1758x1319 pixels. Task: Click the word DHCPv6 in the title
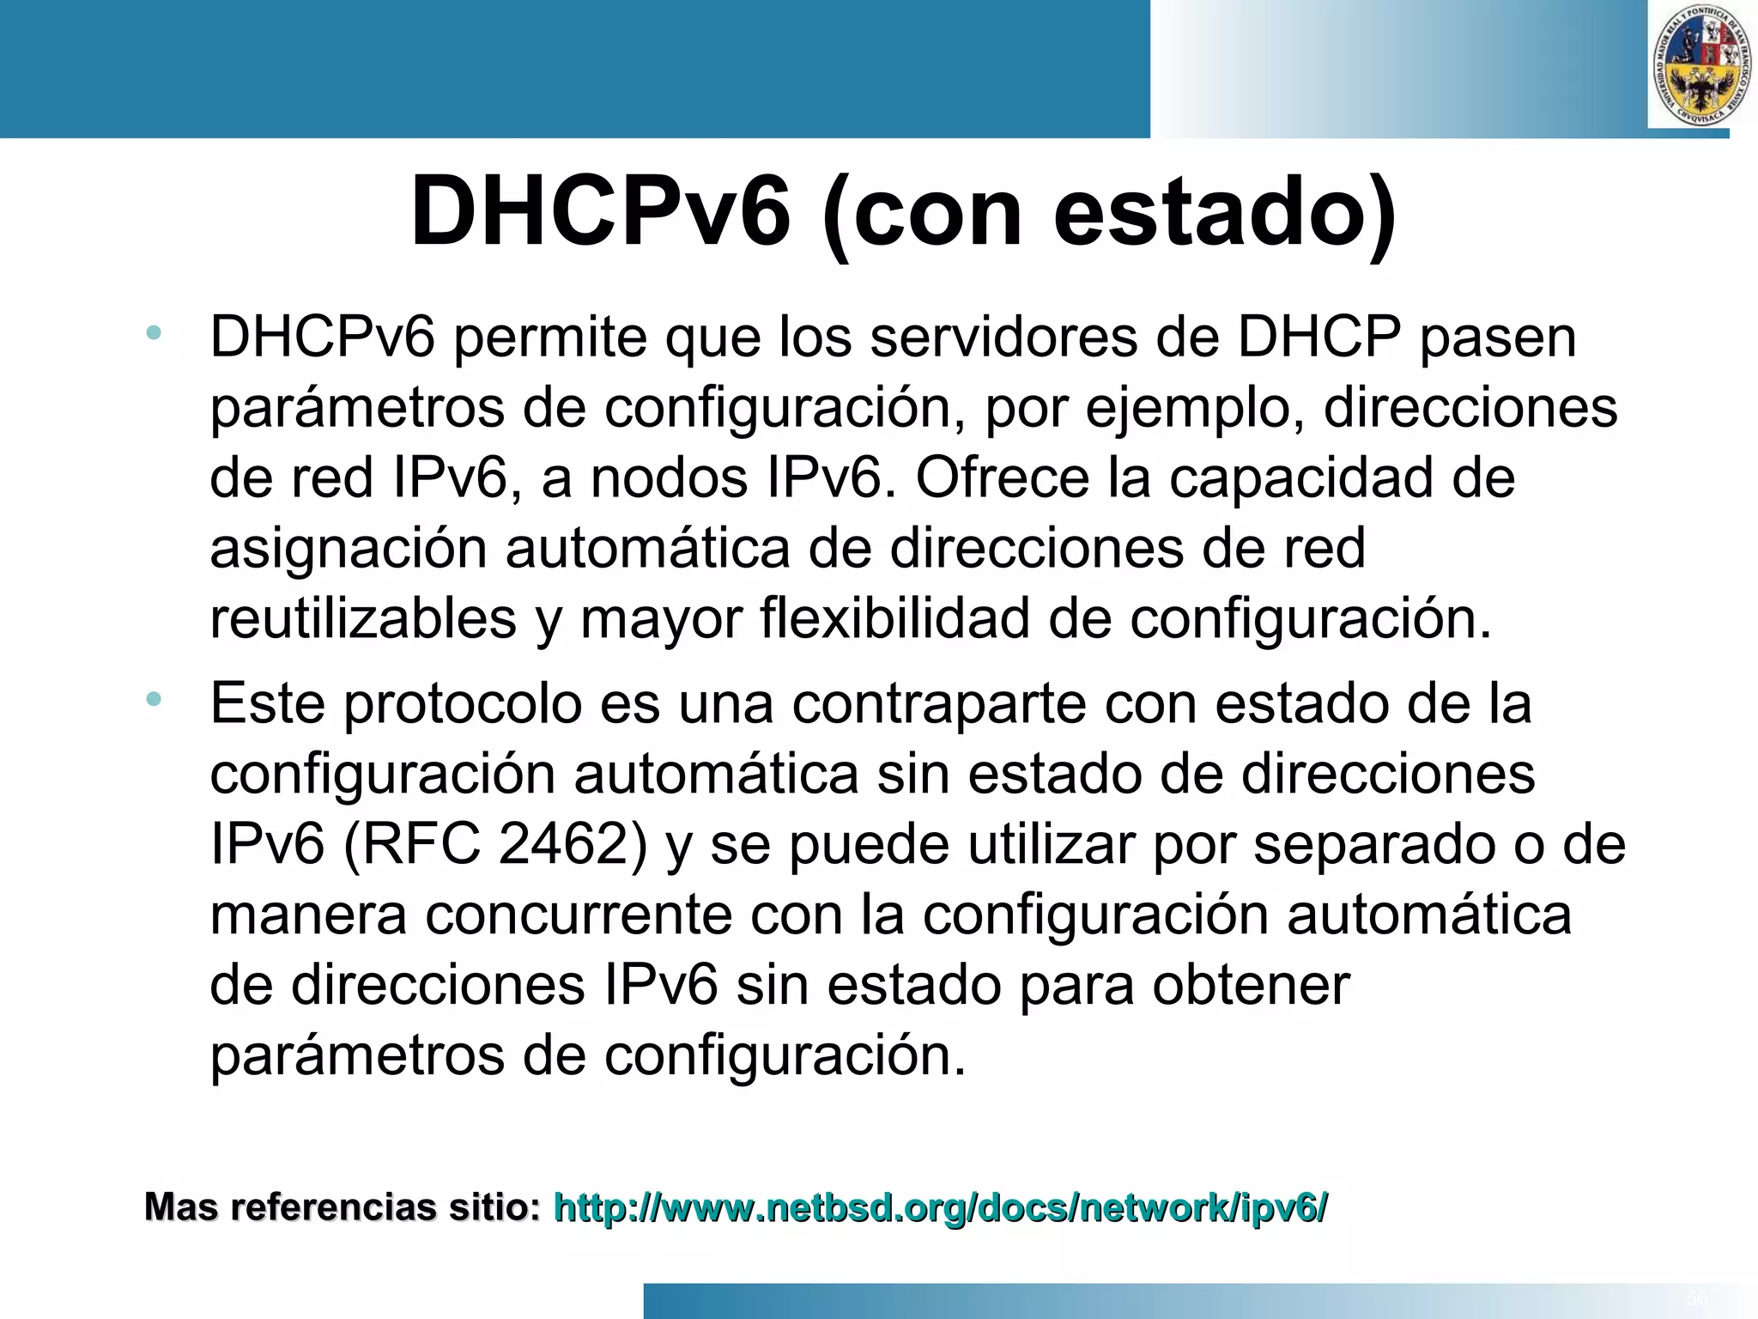[x=600, y=212]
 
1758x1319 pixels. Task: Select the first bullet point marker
[x=154, y=332]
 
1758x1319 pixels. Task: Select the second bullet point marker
[x=154, y=699]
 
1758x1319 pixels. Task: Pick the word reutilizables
[x=363, y=618]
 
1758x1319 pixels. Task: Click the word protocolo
[x=462, y=704]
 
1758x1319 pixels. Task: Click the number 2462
[x=572, y=844]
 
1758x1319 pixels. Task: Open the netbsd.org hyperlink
[x=941, y=1207]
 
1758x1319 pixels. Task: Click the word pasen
[x=1497, y=337]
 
